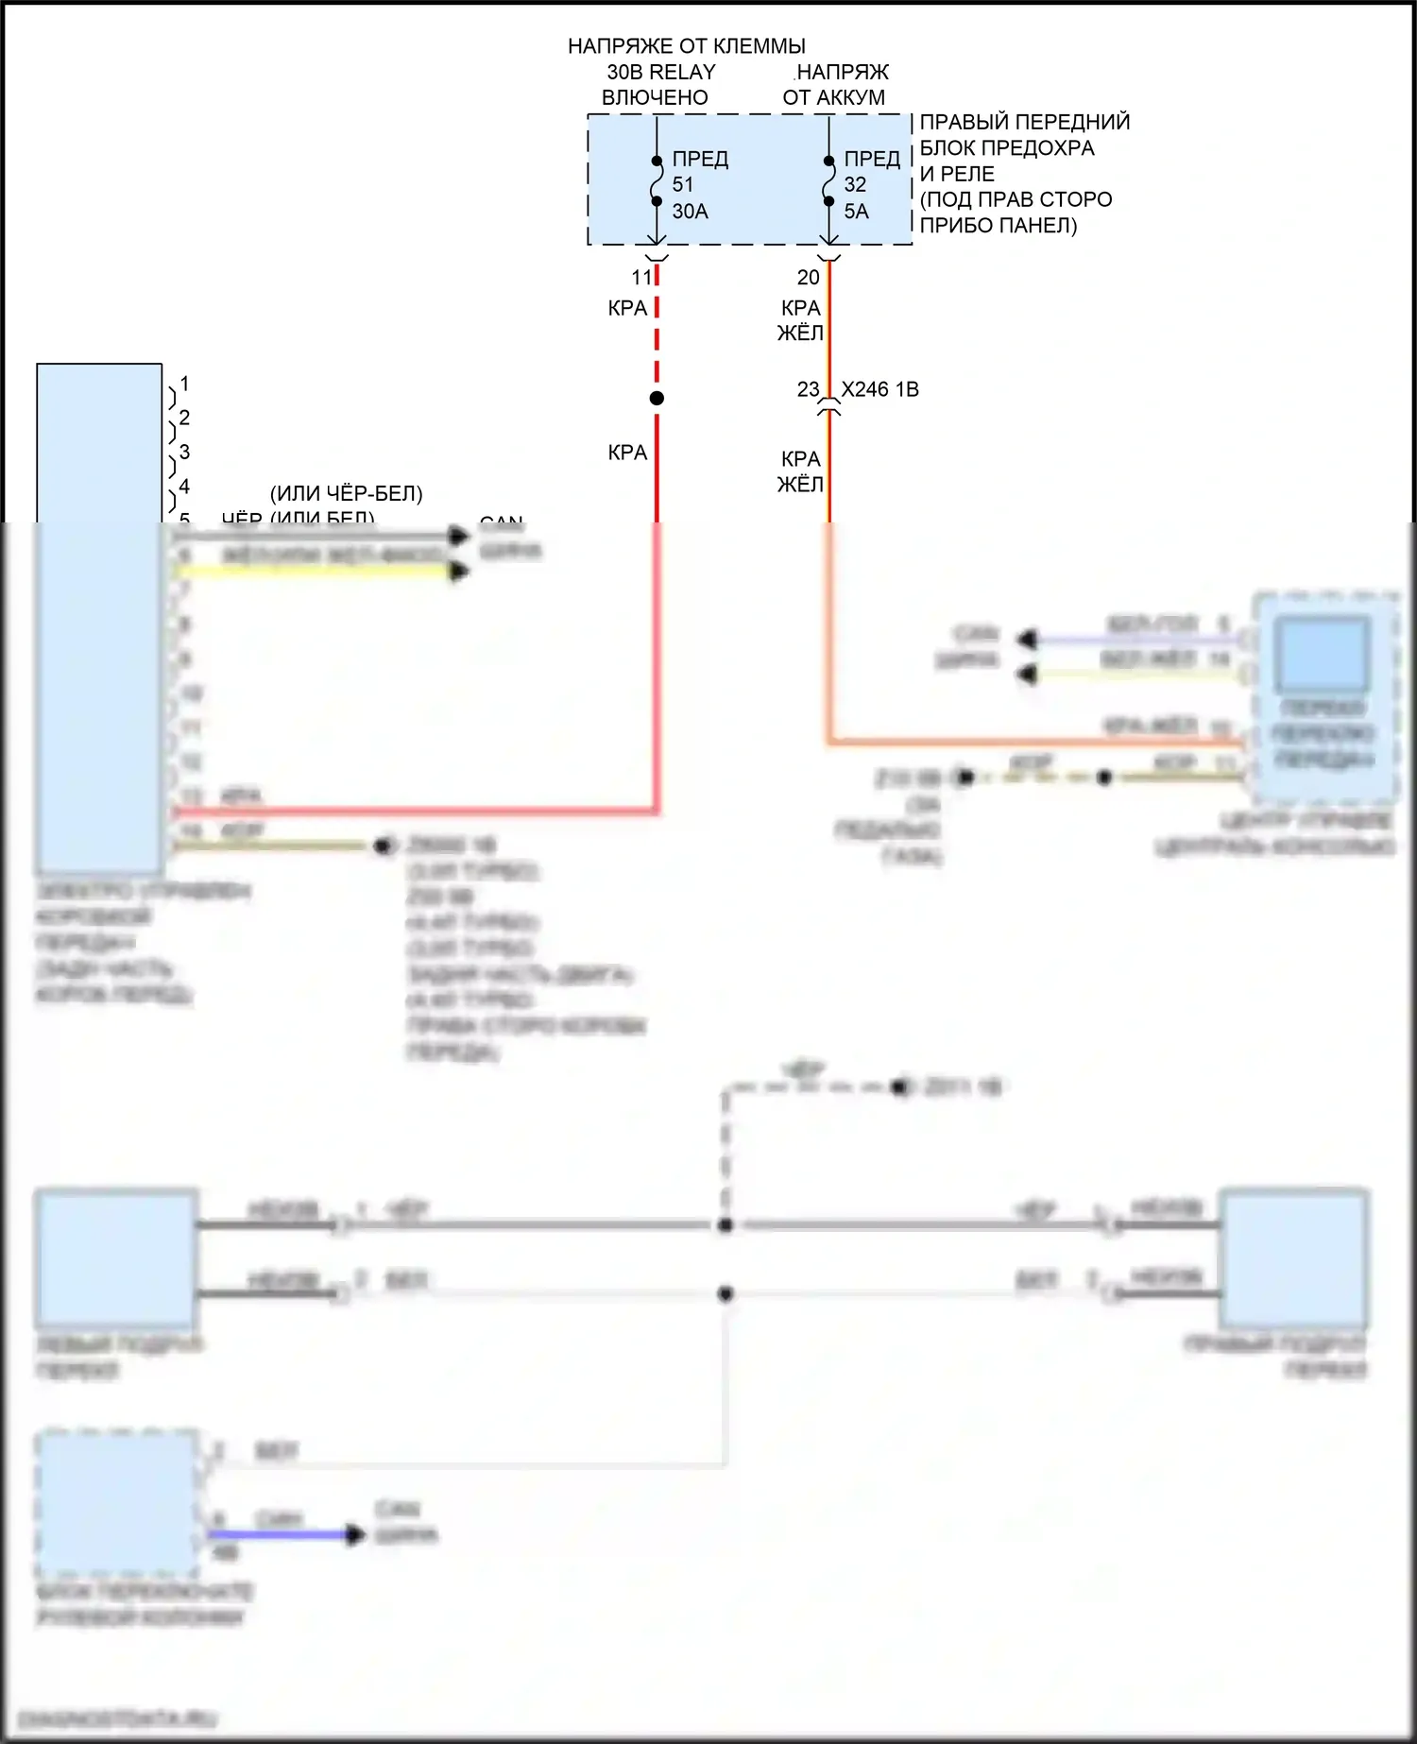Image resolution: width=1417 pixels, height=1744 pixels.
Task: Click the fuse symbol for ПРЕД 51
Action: [x=657, y=180]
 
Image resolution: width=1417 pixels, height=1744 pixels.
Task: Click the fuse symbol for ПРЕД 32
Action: [x=828, y=180]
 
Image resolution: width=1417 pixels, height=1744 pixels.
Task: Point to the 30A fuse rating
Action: [x=690, y=212]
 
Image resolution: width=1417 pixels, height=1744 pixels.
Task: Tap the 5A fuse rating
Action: [x=856, y=212]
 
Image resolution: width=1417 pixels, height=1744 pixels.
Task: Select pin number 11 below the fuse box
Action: [x=642, y=278]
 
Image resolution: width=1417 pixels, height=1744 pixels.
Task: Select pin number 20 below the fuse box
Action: [x=809, y=278]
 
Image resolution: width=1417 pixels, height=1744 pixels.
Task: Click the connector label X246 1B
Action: [x=879, y=389]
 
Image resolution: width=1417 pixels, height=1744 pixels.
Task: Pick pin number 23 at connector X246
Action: [x=809, y=389]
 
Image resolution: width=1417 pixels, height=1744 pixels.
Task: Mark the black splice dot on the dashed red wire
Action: [x=657, y=398]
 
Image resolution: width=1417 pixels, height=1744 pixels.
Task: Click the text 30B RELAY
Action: [x=660, y=72]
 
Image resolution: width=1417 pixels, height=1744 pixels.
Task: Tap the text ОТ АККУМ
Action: [x=833, y=97]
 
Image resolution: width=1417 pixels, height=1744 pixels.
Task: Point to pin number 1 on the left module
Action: [x=184, y=384]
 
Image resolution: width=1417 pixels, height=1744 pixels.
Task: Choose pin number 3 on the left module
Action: [x=184, y=452]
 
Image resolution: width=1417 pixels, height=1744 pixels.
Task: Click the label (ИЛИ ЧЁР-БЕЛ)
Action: [x=346, y=493]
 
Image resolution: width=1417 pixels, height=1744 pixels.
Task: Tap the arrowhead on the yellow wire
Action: [x=459, y=571]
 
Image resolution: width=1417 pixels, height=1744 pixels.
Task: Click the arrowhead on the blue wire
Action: [x=354, y=1534]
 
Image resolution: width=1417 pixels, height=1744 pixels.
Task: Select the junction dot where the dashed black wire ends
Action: [x=726, y=1225]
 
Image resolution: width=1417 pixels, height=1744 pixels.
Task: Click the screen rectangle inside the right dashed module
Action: [x=1323, y=654]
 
